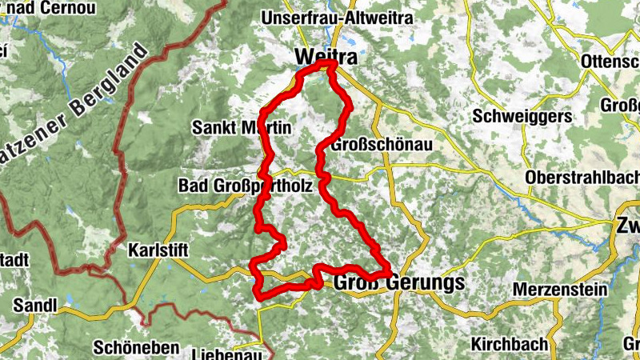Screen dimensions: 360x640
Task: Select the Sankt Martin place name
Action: (x=242, y=127)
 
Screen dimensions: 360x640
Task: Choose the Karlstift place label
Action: (x=158, y=250)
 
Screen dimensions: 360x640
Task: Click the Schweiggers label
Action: (x=523, y=116)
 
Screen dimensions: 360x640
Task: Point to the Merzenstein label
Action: (x=560, y=289)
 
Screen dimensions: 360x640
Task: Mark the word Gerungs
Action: (x=428, y=282)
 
